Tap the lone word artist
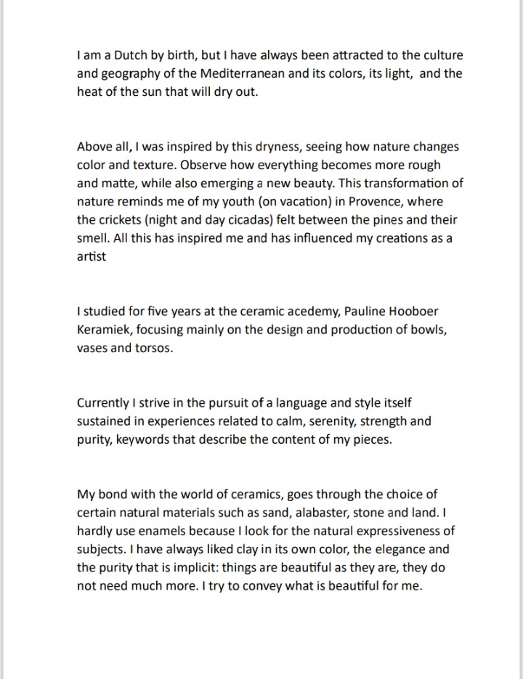pyautogui.click(x=91, y=256)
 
